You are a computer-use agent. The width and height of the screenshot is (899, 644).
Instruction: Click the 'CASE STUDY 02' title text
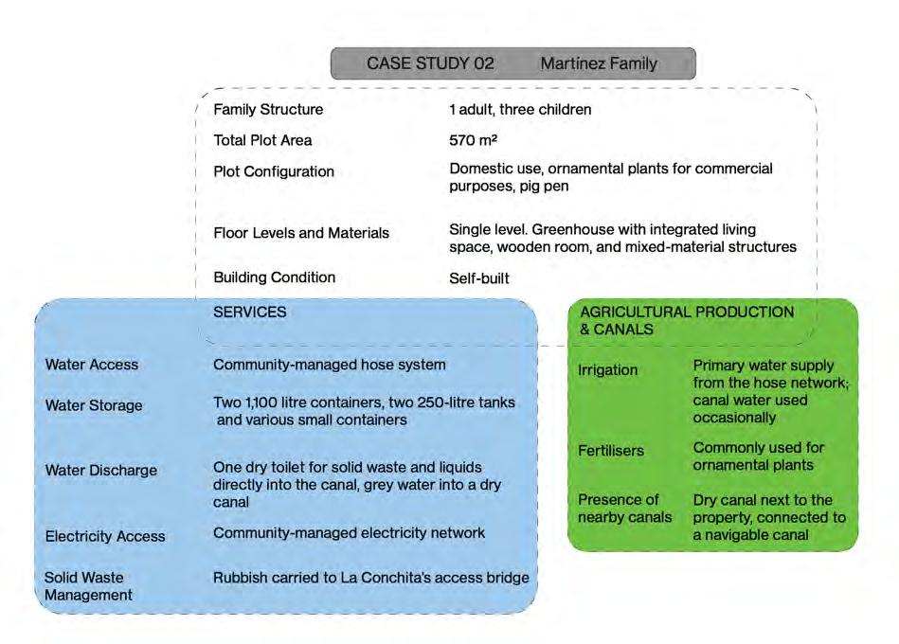point(430,64)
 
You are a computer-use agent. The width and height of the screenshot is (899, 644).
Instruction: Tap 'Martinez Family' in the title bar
point(598,64)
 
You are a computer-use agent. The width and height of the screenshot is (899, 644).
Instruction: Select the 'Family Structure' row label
point(268,110)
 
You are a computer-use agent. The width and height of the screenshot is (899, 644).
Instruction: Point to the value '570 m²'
point(473,140)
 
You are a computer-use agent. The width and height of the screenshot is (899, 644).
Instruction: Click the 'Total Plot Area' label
point(262,140)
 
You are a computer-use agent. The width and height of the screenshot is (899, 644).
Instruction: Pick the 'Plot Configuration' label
point(274,171)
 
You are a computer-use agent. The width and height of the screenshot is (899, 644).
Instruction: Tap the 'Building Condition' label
point(275,277)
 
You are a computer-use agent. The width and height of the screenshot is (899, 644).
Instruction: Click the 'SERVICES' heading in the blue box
point(250,312)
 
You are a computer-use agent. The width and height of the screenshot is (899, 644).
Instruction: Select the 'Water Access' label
point(92,365)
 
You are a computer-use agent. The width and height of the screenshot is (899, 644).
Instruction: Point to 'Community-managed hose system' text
point(330,365)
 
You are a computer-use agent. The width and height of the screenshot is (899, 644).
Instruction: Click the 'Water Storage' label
point(94,405)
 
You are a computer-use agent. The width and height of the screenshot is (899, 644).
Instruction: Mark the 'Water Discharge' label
point(101,471)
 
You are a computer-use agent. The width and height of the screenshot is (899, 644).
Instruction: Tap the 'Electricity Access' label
point(105,536)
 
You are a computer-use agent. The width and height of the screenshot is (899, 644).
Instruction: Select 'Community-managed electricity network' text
point(349,533)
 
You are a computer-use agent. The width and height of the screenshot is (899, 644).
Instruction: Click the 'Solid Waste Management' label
point(88,586)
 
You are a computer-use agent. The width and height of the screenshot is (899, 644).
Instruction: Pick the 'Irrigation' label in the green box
point(608,370)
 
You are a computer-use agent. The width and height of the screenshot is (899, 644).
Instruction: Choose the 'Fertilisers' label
point(611,451)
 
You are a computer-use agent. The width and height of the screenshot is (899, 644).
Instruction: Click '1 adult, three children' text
point(520,110)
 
